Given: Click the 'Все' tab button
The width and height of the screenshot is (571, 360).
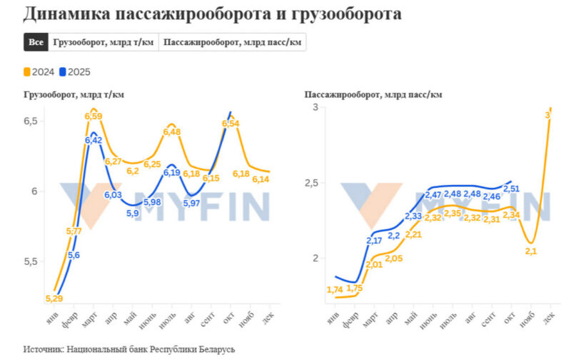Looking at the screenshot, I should tap(36, 42).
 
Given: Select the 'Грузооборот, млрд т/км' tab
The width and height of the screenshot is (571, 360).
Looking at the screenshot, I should tap(103, 42).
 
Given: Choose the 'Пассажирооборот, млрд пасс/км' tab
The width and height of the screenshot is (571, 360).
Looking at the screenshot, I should tap(233, 42).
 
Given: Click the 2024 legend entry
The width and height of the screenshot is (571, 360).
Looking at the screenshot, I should tap(39, 72).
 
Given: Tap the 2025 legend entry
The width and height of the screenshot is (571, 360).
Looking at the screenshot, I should tap(75, 72).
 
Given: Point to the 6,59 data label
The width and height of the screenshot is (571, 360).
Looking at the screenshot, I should tap(94, 116).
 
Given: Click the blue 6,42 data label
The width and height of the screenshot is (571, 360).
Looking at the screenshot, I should tap(94, 141).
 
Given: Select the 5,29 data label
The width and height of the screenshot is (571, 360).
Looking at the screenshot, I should tap(54, 298).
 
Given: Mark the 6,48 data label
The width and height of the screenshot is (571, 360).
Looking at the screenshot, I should tap(172, 131).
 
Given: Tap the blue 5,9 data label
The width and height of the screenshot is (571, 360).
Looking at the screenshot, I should tap(133, 213).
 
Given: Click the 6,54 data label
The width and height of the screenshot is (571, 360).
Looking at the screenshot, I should tap(230, 124).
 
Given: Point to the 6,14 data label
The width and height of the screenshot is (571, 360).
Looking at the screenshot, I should tap(261, 179).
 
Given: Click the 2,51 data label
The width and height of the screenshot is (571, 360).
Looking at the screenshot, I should tap(512, 189).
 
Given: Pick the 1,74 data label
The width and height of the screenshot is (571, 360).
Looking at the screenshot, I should tap(335, 289).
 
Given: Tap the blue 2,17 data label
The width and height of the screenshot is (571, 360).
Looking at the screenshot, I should tap(374, 241).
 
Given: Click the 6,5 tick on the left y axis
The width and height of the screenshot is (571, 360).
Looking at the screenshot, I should tap(31, 122).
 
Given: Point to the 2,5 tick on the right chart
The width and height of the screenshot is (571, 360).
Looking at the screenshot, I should tap(309, 183).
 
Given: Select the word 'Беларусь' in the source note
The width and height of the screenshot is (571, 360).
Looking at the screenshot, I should tap(211, 350).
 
